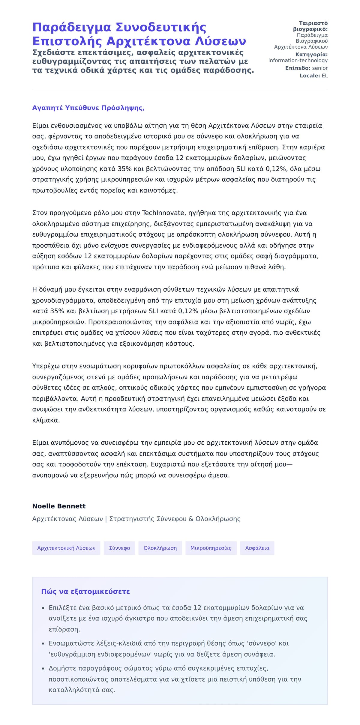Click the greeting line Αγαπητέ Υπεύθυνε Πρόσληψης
point(88,108)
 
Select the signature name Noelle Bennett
point(59,506)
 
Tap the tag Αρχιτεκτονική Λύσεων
point(66,548)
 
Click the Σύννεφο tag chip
point(119,548)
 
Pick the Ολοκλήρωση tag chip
point(160,548)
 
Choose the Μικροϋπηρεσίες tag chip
point(211,548)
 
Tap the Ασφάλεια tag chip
point(257,548)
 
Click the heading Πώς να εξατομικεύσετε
point(85,592)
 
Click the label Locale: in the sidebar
point(310,76)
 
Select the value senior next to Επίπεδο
point(320,68)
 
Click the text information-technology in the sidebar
point(298,61)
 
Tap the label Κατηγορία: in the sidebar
point(311,55)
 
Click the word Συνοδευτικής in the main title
point(161,27)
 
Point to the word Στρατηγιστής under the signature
point(131,519)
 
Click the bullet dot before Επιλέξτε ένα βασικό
point(43,608)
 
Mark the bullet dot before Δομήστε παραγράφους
point(43,669)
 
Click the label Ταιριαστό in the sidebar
point(313,23)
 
